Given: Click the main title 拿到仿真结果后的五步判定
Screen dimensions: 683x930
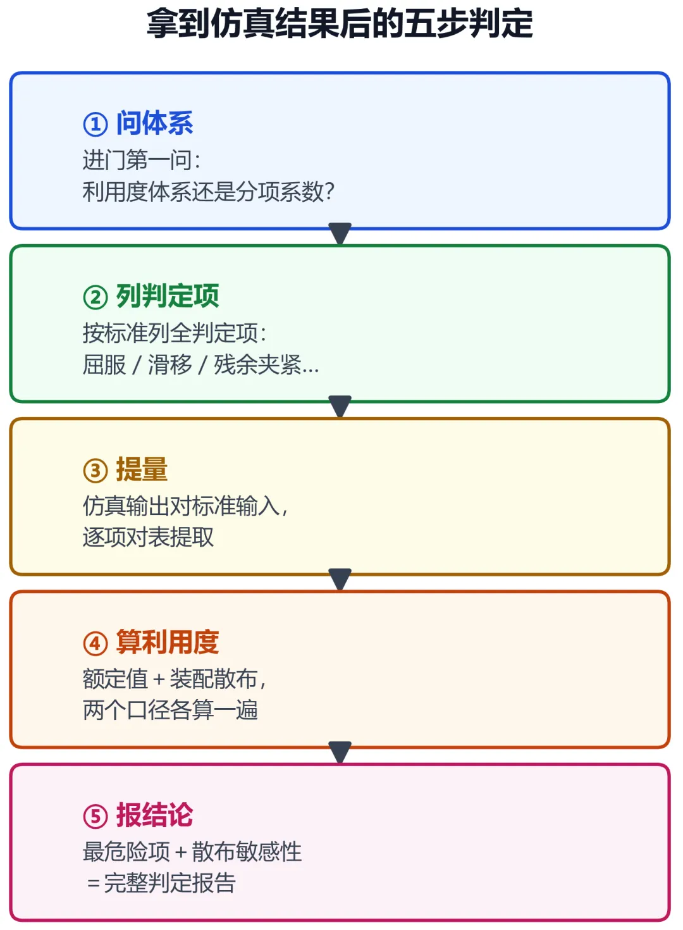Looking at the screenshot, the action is point(340,23).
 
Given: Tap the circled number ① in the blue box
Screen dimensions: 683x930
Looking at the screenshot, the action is point(95,124).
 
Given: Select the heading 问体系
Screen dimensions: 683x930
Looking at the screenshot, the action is point(155,123).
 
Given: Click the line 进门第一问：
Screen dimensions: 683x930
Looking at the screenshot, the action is point(142,160).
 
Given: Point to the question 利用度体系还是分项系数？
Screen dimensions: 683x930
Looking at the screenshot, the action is point(208,192).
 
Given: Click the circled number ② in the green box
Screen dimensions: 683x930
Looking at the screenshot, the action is point(95,297).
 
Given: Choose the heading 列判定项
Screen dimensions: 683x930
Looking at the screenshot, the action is point(168,296).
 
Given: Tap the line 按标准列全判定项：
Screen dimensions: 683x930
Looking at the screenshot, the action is point(175,333).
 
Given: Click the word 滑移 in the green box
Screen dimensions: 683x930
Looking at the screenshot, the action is point(169,364).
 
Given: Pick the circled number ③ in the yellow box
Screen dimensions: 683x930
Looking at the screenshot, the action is point(95,471).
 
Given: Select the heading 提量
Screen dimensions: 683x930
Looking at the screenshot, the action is point(142,469).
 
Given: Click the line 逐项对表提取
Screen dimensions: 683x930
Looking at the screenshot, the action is point(148,537).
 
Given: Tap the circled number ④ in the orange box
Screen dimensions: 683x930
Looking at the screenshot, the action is point(95,643).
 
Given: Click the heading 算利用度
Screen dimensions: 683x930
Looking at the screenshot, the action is point(168,642).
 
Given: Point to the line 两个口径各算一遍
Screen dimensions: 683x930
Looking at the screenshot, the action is point(170,710).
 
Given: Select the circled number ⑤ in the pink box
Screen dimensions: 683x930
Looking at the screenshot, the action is point(95,816).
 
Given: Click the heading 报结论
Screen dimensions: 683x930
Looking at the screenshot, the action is point(155,815).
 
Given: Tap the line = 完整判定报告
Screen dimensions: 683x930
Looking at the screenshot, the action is point(161,883).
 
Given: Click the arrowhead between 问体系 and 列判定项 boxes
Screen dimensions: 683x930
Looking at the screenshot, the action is point(340,233).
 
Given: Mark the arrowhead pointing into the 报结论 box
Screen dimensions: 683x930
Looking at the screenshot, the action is point(340,752).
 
